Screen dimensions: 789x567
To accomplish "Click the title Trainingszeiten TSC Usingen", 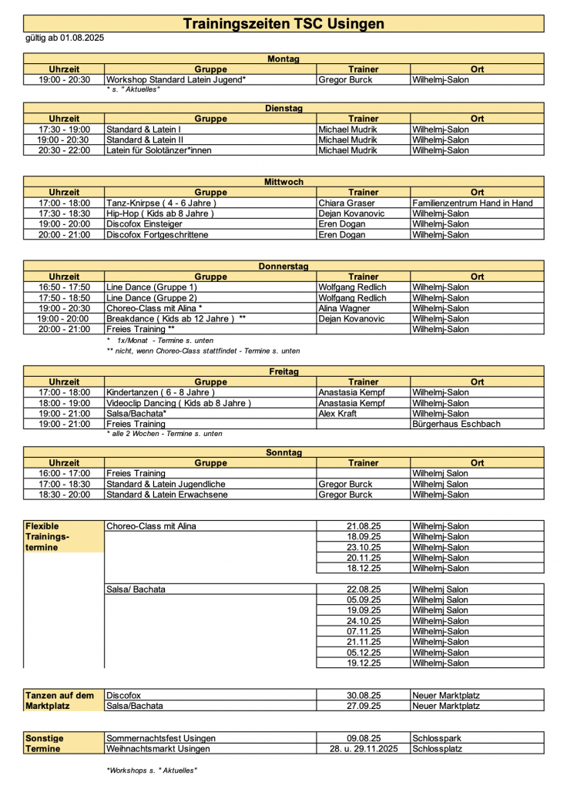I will point(283,24).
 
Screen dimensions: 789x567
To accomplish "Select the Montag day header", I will point(283,59).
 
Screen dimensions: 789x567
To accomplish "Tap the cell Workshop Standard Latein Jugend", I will point(176,79).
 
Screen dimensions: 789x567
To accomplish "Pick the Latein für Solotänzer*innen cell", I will point(159,150).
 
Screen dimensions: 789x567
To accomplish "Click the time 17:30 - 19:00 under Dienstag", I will point(64,129).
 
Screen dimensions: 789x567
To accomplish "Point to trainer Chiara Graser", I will point(347,203).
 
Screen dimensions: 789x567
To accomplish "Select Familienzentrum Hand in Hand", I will point(473,203).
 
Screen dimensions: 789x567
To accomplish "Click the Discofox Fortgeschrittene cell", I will point(157,234).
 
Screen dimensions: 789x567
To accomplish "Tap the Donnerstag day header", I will point(283,266).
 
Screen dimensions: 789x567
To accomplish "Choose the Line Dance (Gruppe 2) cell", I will point(152,297).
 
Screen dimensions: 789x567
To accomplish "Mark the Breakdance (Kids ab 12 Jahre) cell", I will point(176,318).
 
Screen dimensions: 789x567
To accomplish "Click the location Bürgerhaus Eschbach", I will point(456,424).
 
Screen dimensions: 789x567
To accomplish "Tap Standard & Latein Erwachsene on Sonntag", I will point(167,495).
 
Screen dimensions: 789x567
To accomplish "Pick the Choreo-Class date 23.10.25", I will point(364,547).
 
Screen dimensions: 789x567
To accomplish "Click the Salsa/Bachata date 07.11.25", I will point(364,631).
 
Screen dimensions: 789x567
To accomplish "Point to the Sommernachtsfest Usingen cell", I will point(161,738).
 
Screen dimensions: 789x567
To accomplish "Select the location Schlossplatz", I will point(438,748).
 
